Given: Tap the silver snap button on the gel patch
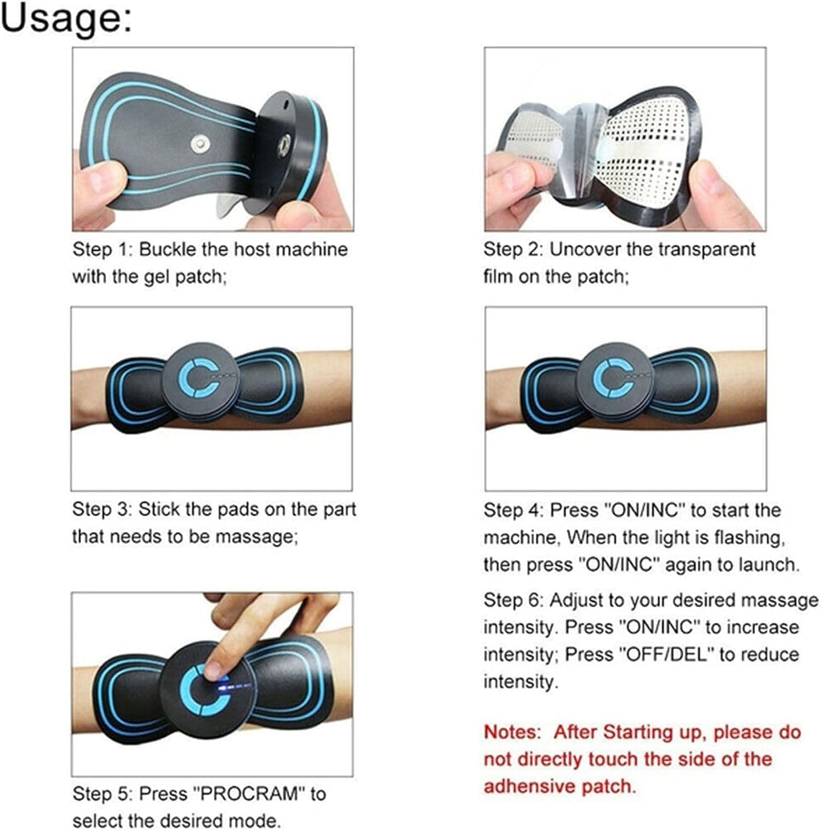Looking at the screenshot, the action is click(200, 144).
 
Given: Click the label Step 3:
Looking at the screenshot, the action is click(102, 510).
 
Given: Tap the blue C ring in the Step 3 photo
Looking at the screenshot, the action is click(199, 378).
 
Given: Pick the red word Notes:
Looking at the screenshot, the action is click(513, 732).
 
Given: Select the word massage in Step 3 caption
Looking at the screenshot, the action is click(256, 537).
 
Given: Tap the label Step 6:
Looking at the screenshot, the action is click(514, 600).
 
